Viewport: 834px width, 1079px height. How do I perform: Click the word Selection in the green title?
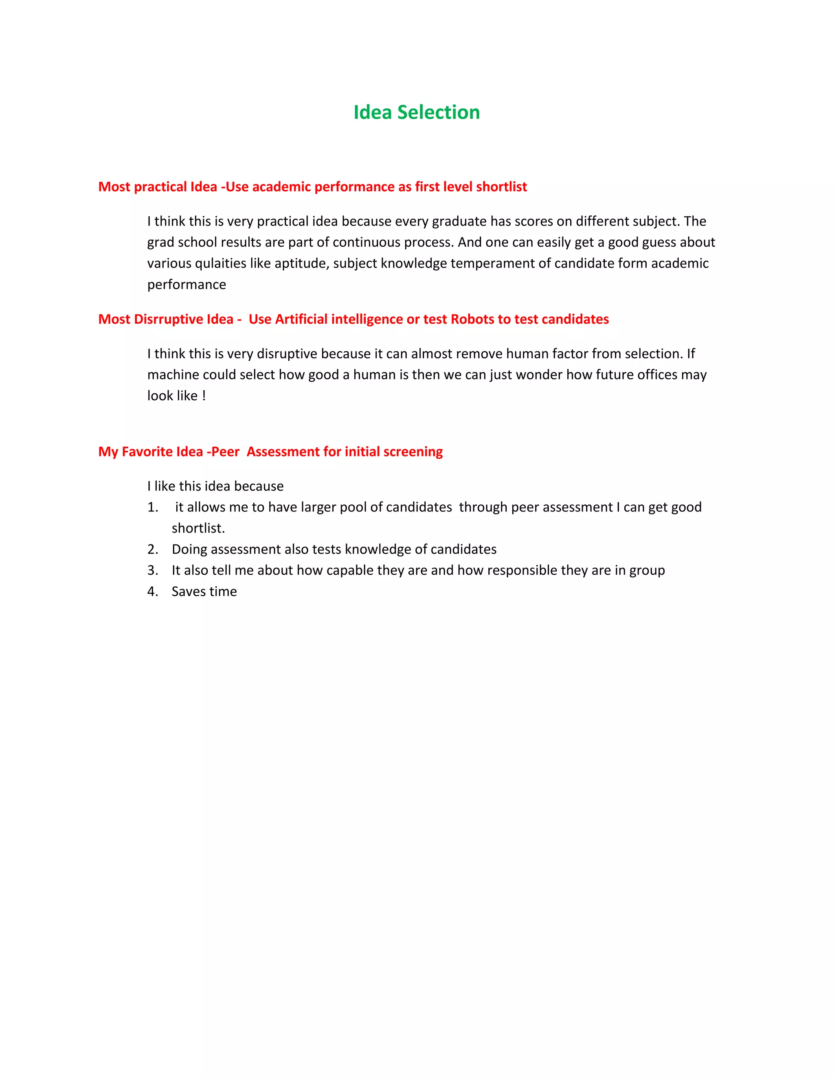pyautogui.click(x=438, y=113)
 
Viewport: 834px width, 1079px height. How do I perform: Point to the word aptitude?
pyautogui.click(x=301, y=263)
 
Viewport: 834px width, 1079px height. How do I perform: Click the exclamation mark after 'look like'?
pyautogui.click(x=204, y=396)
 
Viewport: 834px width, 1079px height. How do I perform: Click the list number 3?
pyautogui.click(x=153, y=570)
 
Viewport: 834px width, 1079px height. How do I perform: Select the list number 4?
pyautogui.click(x=153, y=592)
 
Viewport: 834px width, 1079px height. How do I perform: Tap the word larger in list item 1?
pyautogui.click(x=318, y=507)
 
